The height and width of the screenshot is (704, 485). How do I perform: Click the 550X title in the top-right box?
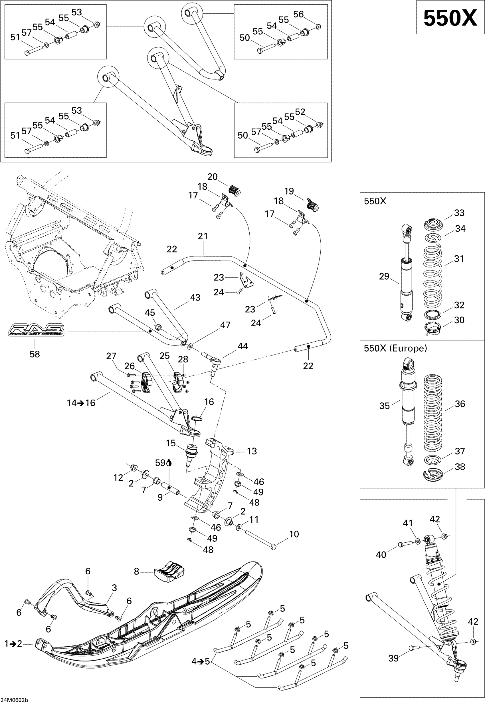(x=450, y=18)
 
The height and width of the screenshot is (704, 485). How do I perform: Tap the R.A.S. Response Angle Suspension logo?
(x=36, y=330)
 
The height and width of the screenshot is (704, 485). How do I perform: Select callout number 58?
(x=35, y=354)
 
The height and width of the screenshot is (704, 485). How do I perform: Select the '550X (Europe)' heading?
(x=395, y=348)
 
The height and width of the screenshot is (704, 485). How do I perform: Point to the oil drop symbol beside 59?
(x=169, y=463)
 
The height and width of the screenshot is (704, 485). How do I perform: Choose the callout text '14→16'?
(x=81, y=403)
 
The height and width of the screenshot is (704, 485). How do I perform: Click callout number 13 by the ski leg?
(x=252, y=451)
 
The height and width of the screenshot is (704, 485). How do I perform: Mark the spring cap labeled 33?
(x=433, y=224)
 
